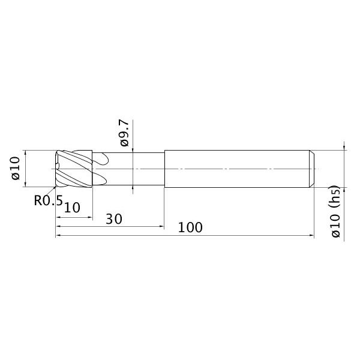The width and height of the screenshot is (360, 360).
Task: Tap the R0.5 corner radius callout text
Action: click(47, 201)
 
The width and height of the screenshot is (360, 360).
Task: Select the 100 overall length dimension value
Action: click(190, 227)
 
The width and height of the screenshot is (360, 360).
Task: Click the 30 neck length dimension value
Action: click(114, 218)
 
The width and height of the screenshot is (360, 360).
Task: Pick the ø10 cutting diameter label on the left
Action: click(16, 169)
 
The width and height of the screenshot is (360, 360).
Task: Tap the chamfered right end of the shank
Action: click(311, 169)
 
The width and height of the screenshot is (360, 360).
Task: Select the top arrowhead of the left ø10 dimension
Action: click(25, 152)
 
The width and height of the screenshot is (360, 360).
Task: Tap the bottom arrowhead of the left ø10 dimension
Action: click(25, 187)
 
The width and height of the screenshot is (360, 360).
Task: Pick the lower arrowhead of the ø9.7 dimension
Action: click(133, 189)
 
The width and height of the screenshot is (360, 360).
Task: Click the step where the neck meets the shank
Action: click(164, 169)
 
